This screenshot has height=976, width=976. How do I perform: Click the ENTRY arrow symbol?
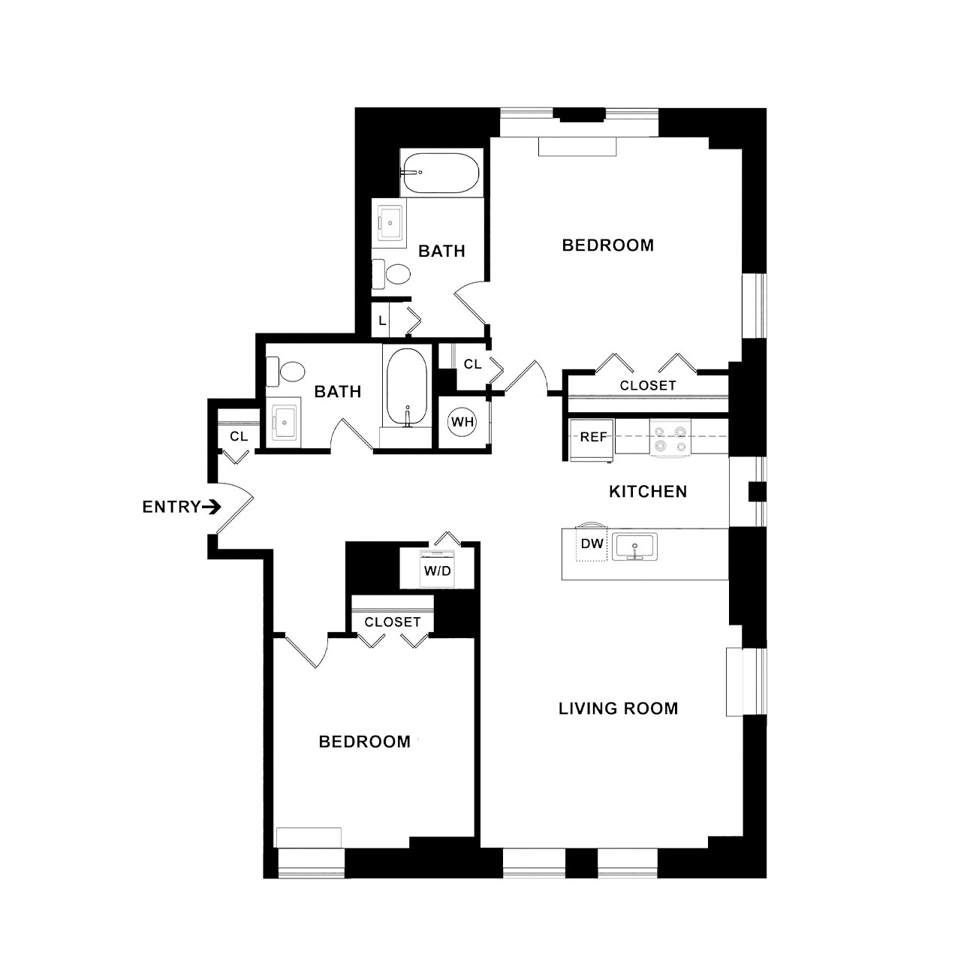point(211,507)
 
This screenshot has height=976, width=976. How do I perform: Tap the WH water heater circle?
point(462,421)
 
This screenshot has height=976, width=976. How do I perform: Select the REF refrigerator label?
point(593,437)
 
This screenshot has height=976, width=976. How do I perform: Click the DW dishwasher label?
point(592,544)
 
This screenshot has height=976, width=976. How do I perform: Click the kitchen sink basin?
point(634,547)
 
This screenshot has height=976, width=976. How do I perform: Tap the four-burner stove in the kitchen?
point(670,438)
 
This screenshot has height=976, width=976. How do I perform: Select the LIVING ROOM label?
point(618,708)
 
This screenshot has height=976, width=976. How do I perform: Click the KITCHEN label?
point(648,491)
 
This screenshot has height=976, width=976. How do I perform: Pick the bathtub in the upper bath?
point(440,173)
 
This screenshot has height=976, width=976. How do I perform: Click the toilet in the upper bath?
point(391,274)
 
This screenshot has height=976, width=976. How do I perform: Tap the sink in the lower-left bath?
point(284,423)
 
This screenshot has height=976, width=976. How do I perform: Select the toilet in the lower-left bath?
point(285,371)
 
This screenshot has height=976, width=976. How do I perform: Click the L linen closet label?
point(382,321)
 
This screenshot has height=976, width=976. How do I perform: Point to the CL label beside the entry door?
point(239,436)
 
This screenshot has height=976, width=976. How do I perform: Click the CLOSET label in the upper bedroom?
point(648,385)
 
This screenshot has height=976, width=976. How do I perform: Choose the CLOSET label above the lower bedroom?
point(393,622)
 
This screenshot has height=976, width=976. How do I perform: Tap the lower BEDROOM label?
point(365,742)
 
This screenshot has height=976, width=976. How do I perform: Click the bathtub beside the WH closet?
point(407,387)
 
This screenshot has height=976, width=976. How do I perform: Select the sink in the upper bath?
point(390,223)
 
